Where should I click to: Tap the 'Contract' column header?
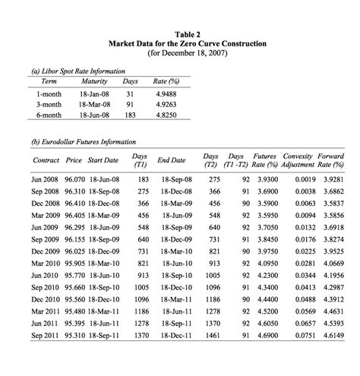pos(46,160)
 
